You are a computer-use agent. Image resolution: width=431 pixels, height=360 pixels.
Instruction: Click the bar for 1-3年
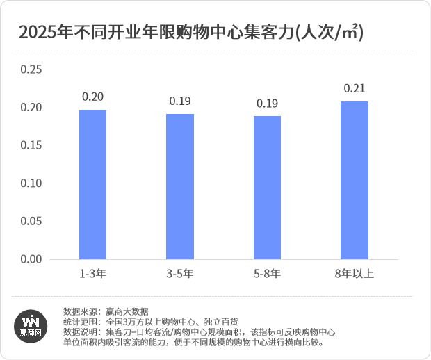click(92, 184)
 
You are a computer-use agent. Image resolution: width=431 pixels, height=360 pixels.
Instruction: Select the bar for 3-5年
click(180, 186)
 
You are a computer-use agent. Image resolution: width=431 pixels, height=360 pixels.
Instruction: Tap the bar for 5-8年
click(267, 188)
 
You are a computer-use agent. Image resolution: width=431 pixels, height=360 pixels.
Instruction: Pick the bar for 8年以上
click(355, 181)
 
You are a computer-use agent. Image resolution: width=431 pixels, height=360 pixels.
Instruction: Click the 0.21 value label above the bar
click(355, 88)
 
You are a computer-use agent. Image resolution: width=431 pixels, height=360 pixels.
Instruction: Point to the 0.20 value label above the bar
click(92, 97)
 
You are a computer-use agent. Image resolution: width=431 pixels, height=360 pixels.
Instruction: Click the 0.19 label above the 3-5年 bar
click(180, 101)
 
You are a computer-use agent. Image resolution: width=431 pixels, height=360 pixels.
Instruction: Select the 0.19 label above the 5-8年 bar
click(267, 103)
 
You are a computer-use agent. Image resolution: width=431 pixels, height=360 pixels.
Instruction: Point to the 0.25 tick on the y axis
click(32, 69)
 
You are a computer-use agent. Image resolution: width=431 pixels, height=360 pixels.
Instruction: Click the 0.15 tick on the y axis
click(32, 145)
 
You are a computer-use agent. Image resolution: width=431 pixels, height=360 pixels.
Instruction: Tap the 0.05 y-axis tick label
click(32, 221)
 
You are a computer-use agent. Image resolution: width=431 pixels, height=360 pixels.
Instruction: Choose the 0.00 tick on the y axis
click(32, 259)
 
